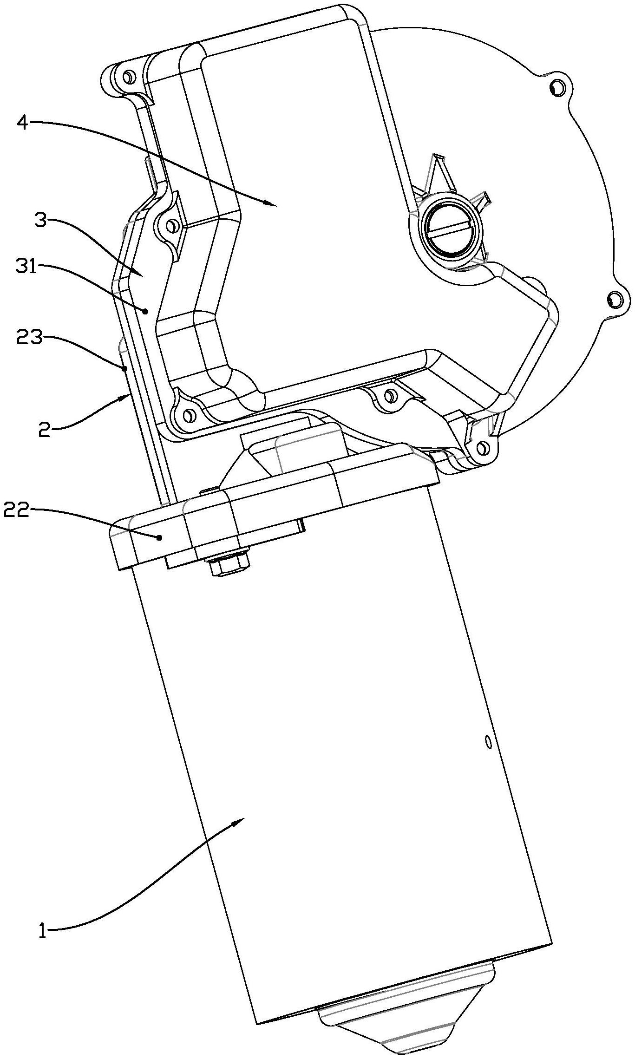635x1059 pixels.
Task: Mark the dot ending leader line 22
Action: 159,537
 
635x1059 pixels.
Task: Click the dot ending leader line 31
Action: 146,311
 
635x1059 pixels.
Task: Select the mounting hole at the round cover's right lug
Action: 615,299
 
